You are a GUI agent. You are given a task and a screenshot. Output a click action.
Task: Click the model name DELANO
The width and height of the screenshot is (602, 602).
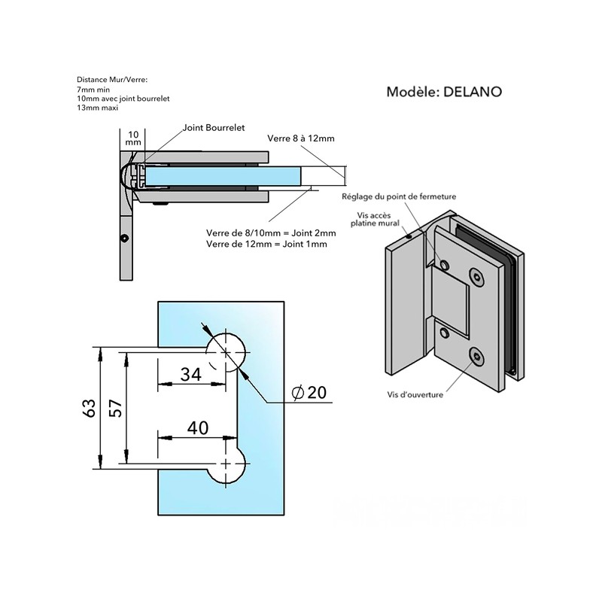point(473,92)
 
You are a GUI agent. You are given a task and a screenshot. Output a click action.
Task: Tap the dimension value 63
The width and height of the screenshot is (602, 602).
point(89,409)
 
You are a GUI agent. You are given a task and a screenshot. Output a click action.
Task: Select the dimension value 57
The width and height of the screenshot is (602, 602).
point(116,409)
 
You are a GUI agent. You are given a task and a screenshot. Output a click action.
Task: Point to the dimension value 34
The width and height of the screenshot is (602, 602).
point(191,374)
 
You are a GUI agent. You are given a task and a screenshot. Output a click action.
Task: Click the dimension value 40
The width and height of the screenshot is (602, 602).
point(198,427)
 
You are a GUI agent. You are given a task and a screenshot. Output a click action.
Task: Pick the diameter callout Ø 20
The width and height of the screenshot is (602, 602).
point(309,392)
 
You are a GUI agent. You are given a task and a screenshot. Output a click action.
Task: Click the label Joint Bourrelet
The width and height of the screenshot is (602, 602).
point(214,127)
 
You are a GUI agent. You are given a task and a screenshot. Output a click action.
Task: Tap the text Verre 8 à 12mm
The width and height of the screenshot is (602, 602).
point(300,138)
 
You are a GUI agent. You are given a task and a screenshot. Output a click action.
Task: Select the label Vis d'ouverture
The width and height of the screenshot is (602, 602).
point(415,394)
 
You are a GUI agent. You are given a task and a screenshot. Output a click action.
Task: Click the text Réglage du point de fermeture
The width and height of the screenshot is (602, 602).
point(399,196)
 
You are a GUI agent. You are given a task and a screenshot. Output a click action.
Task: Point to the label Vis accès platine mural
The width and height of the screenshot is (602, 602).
point(375,219)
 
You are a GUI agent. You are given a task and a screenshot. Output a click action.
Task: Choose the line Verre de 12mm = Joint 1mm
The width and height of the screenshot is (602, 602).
point(266,244)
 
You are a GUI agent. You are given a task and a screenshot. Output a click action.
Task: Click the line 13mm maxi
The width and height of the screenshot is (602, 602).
point(98,108)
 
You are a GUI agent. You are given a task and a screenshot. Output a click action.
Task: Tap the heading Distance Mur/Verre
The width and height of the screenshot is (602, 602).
point(112,80)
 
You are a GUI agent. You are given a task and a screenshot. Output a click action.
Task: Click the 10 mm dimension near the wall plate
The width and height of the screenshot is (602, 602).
point(133,138)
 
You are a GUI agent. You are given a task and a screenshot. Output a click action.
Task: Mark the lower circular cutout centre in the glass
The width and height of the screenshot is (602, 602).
point(226,464)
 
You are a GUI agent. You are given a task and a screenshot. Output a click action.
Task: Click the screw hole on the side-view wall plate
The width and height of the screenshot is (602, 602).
point(124,239)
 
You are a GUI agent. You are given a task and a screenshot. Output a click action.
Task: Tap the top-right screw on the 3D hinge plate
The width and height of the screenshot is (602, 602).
point(477,276)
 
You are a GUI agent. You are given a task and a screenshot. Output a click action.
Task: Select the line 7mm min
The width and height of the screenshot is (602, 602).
point(93,90)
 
